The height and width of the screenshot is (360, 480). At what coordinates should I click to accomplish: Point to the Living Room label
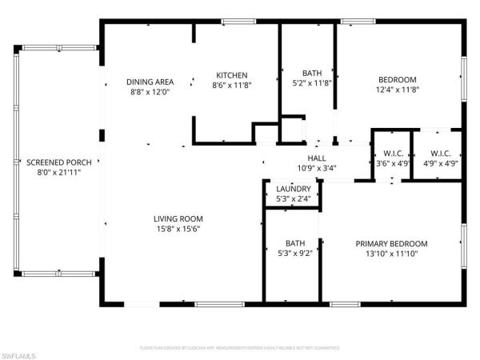[178, 218]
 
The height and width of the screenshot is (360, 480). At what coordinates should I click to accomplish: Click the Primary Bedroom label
[392, 244]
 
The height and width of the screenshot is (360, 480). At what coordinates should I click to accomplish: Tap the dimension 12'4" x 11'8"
[398, 90]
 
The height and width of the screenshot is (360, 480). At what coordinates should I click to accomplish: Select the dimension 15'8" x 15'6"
[178, 229]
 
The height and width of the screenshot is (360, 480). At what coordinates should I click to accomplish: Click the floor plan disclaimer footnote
[240, 348]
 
